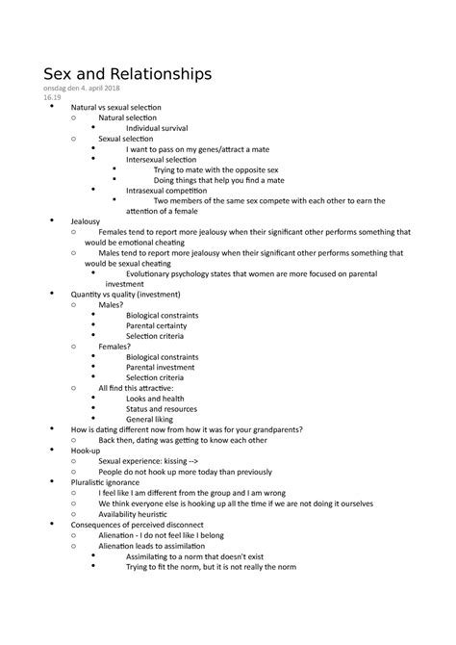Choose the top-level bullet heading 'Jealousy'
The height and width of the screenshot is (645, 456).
[71, 220]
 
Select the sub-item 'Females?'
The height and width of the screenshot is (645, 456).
[115, 346]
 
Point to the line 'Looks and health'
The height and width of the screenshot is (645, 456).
[155, 398]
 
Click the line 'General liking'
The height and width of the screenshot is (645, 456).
[152, 419]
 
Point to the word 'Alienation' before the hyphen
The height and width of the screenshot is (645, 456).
[119, 534]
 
